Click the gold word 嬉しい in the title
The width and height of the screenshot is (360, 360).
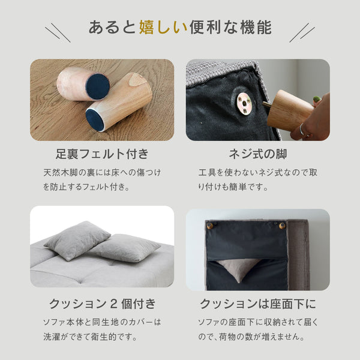click(163, 28)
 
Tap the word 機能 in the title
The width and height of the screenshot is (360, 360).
click(256, 28)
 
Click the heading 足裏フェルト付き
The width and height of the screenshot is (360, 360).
click(102, 154)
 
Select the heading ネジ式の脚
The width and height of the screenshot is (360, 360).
click(258, 154)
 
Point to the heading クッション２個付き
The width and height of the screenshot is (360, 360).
click(103, 304)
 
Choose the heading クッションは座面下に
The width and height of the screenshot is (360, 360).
click(258, 304)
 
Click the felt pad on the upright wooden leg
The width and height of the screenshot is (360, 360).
click(97, 86)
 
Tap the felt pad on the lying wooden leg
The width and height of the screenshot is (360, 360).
click(95, 119)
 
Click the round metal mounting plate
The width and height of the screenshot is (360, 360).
click(245, 103)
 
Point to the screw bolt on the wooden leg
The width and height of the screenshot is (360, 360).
click(266, 104)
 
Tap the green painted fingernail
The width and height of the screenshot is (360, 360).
click(317, 99)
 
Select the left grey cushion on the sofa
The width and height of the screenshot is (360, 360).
click(77, 241)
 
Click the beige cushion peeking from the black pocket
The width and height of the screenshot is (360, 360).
click(238, 269)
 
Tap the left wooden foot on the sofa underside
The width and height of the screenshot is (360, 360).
click(210, 226)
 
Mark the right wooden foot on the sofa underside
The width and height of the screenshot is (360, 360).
click(282, 226)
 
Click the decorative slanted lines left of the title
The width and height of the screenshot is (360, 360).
click(58, 32)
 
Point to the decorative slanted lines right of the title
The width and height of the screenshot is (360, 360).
click(302, 32)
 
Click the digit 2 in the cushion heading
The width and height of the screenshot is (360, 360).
click(114, 304)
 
